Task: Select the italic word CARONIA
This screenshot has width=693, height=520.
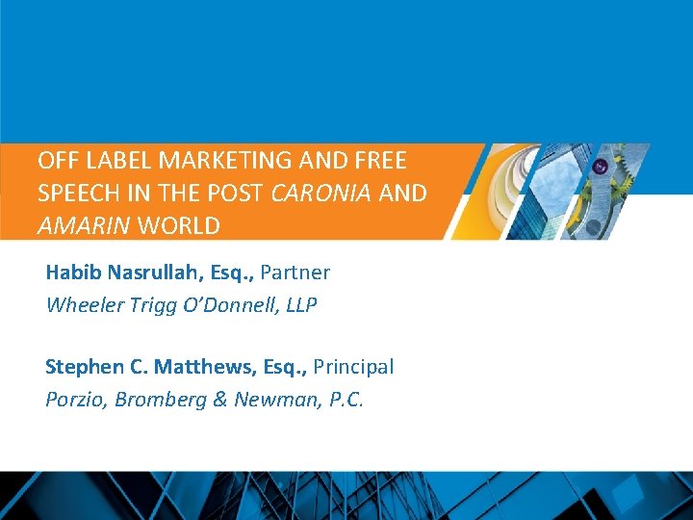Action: point(321,194)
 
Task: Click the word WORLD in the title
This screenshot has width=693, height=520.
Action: point(179,226)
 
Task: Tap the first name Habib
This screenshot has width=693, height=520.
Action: point(74,273)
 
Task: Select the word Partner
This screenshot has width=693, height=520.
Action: point(295,273)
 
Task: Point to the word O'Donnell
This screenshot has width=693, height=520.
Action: point(229,305)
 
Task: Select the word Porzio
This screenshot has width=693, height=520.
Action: point(75,400)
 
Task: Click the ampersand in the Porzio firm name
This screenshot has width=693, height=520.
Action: point(220,400)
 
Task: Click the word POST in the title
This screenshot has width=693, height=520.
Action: point(236,194)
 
